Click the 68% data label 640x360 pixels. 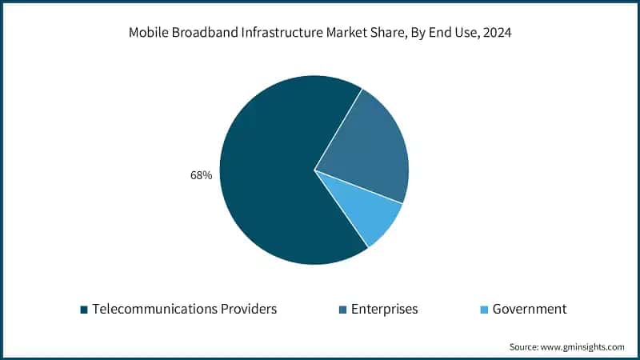202,175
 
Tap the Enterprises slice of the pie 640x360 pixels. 368,152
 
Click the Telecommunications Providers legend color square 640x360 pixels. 83,310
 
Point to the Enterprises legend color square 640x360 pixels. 342,310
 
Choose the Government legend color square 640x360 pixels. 484,310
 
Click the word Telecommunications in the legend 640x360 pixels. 154,309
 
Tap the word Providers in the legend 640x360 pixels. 249,309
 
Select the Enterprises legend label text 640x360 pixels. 384,309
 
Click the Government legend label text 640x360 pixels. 530,309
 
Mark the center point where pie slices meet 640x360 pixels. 314,170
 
